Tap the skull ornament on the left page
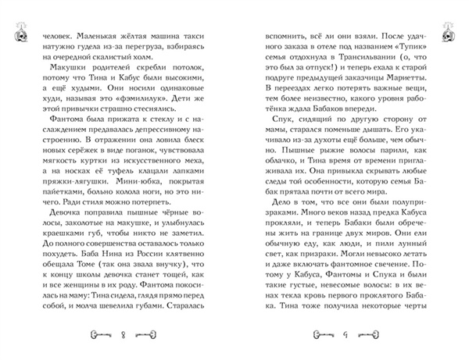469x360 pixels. point(21,34)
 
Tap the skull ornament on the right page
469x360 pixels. point(446,34)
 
